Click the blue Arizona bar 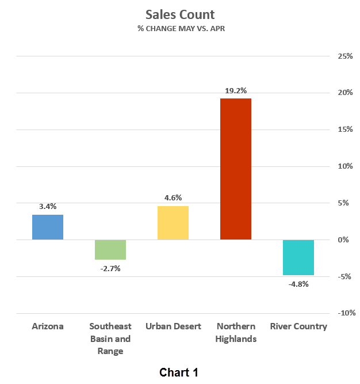[x=48, y=227]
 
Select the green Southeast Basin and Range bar [x=110, y=250]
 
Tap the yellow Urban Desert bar [x=173, y=223]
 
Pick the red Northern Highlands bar [x=236, y=169]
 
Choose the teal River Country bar [x=298, y=257]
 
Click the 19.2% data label [x=236, y=90]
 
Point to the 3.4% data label [x=48, y=206]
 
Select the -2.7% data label [x=110, y=268]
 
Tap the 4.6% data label [x=173, y=197]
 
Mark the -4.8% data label [x=298, y=284]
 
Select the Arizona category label [x=48, y=326]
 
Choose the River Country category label [x=298, y=326]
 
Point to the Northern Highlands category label [x=236, y=332]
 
